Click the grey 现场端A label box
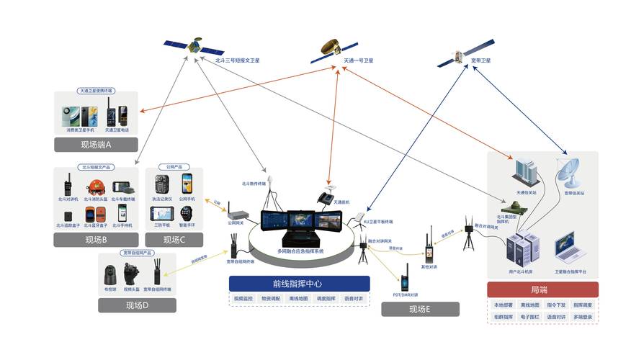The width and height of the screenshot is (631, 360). pyautogui.click(x=96, y=145)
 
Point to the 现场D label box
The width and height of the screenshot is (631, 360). pyautogui.click(x=136, y=305)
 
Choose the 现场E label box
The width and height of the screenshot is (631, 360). pyautogui.click(x=419, y=310)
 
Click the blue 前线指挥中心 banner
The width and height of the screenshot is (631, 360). pyautogui.click(x=300, y=283)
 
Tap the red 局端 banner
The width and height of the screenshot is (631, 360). pyautogui.click(x=542, y=289)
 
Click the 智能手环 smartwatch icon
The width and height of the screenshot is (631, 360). pyautogui.click(x=187, y=213)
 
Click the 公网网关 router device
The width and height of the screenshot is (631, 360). pyautogui.click(x=238, y=214)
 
